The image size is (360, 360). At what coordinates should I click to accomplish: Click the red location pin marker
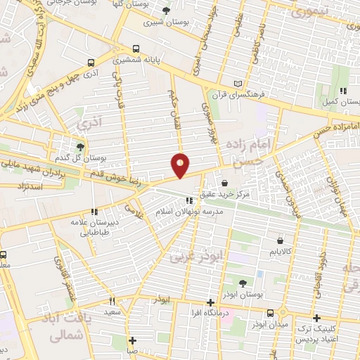[x=181, y=165]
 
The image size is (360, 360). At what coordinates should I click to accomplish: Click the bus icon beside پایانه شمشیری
[x=136, y=50]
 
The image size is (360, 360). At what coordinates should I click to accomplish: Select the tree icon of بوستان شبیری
[x=166, y=11]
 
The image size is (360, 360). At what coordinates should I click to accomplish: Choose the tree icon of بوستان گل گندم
[x=80, y=147]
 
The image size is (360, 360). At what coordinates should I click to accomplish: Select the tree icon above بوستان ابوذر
[x=242, y=283]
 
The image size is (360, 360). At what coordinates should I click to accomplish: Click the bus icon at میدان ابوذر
[x=271, y=313]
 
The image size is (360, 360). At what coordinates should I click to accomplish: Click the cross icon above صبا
[x=132, y=341]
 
